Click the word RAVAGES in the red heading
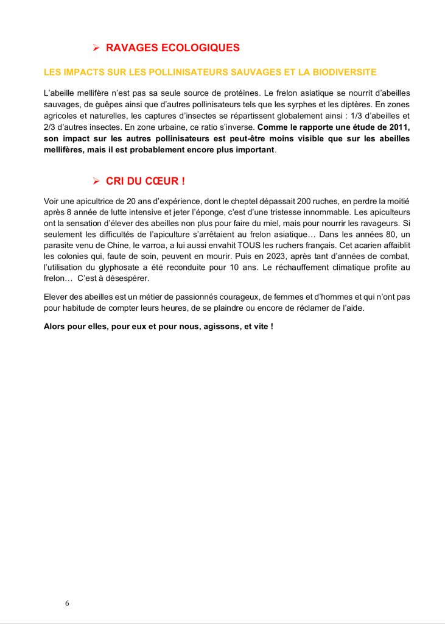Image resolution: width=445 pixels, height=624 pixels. point(131,48)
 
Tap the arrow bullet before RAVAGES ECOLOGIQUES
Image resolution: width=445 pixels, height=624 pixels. point(96,48)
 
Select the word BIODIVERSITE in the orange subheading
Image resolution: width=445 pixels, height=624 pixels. point(344,72)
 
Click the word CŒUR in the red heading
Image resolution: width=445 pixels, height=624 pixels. point(159,181)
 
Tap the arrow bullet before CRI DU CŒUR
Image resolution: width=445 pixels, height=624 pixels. point(96,181)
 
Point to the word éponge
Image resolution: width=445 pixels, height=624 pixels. point(222,212)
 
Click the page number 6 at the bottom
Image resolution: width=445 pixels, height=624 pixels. point(67,603)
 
